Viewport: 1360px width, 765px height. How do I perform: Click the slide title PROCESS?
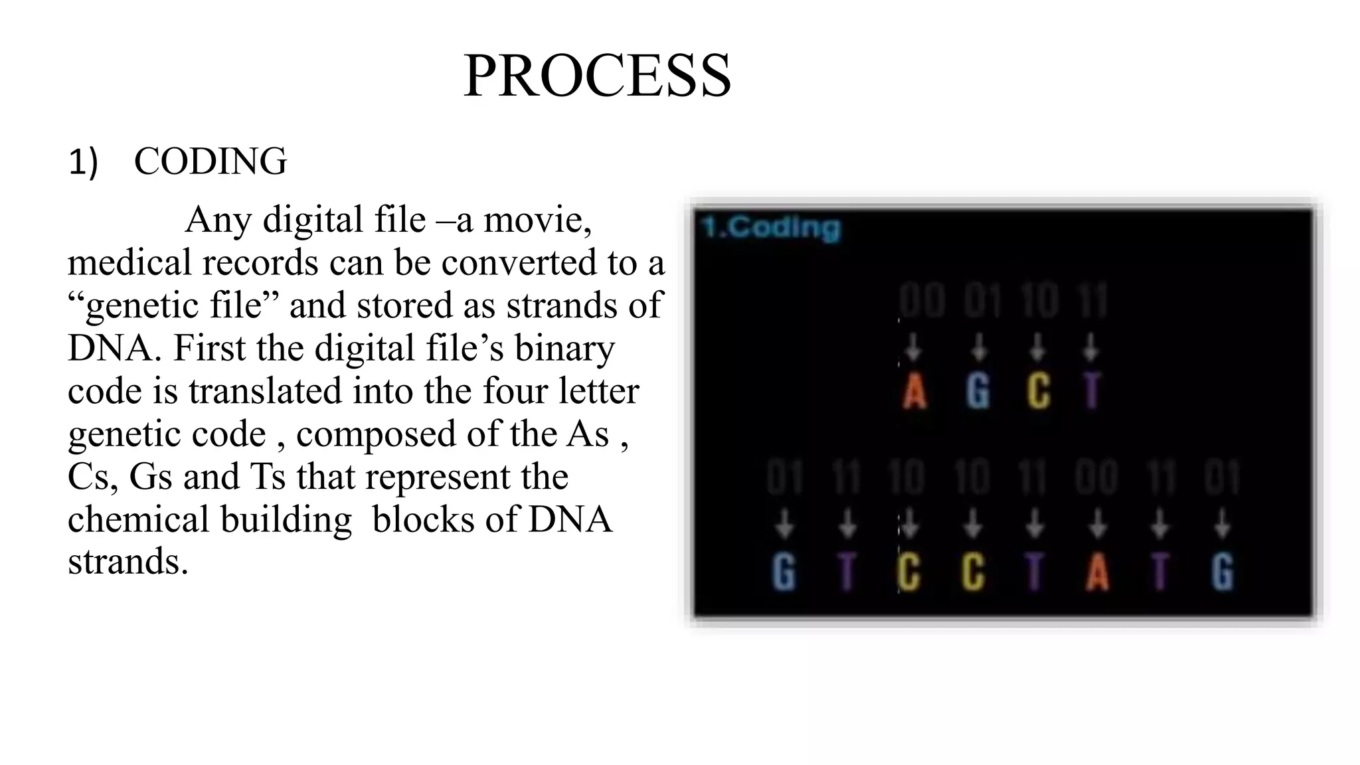coord(597,76)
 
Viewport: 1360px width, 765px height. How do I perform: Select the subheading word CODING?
coord(210,161)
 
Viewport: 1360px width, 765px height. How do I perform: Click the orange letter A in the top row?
coord(914,391)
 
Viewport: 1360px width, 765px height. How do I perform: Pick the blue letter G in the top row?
coord(977,391)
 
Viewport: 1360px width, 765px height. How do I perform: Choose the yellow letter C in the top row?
coord(1039,391)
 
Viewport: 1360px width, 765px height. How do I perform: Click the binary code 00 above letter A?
coord(922,300)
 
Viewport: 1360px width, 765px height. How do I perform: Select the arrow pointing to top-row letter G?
coord(977,347)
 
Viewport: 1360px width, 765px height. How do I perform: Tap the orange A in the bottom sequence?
coord(1097,572)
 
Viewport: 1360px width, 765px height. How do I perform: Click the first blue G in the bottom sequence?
coord(784,572)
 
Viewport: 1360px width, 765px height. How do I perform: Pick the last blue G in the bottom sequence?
coord(1222,572)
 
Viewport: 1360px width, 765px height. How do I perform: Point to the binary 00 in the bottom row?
coord(1097,477)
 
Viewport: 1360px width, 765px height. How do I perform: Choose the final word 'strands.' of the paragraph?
coord(128,562)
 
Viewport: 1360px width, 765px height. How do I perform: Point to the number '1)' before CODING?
coord(83,162)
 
